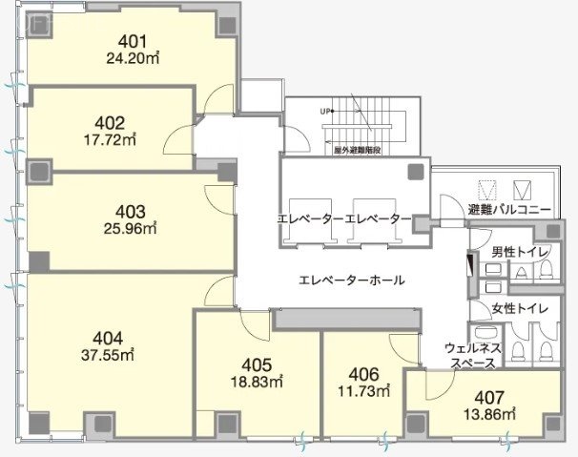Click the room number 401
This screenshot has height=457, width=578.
pos(131,41)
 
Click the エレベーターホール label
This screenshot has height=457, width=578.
pos(351,280)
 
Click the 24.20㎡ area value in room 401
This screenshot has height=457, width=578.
pos(131,57)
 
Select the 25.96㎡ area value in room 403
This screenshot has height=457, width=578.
pos(131,228)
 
